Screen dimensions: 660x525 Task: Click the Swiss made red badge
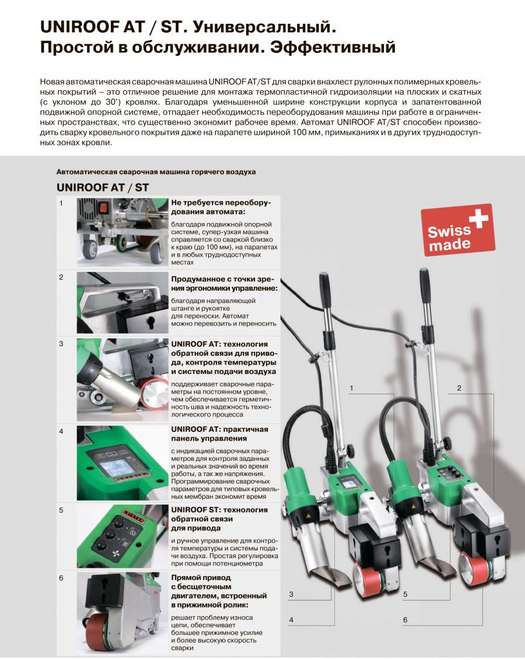tap(457, 229)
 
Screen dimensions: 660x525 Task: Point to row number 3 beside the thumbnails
tap(61, 344)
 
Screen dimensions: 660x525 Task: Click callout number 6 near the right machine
tap(405, 620)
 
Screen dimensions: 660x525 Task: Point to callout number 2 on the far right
tap(459, 388)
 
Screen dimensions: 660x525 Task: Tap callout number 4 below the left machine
tap(291, 620)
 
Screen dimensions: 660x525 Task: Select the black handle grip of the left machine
tap(325, 289)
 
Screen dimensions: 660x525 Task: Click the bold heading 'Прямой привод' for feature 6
tap(200, 577)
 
